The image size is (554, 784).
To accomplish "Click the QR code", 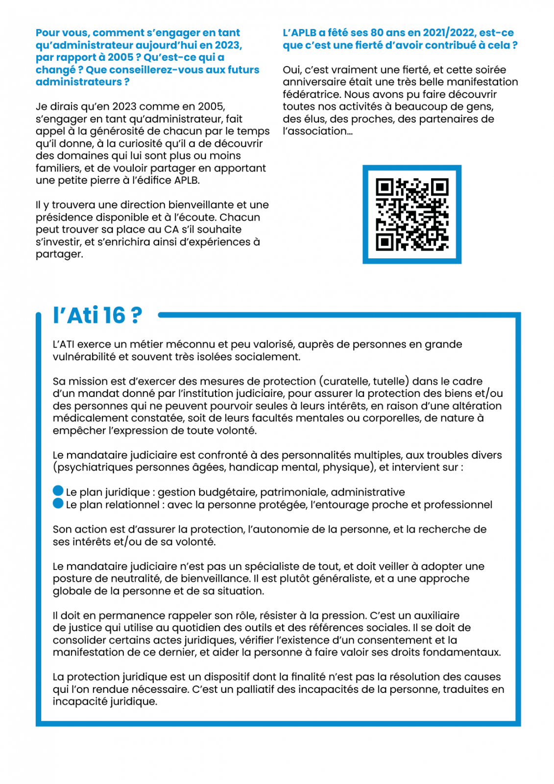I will pos(411,214).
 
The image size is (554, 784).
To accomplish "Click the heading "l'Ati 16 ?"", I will pos(97,315).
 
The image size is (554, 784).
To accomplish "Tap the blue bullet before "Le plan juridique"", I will pos(58,490).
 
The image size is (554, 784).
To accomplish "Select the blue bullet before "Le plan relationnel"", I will pos(58,503).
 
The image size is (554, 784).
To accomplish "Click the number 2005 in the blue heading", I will pos(120,57).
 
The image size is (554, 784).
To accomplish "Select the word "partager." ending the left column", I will pos(59,254).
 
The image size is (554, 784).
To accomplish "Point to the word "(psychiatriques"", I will pos(93,467).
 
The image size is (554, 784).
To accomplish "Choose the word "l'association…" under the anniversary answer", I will pos(317,131).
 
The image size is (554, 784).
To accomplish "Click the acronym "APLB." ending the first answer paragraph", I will pos(187,180).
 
